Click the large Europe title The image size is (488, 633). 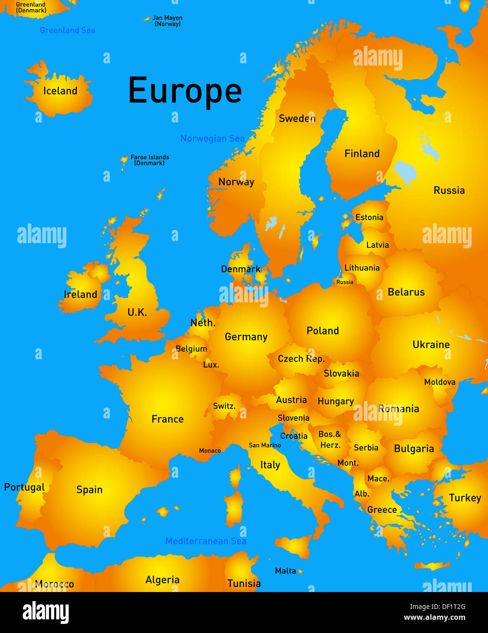click(x=185, y=91)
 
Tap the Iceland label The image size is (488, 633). click(x=60, y=91)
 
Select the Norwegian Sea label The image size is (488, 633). click(x=212, y=138)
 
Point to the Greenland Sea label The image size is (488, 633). click(x=67, y=31)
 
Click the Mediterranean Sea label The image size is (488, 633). click(x=206, y=541)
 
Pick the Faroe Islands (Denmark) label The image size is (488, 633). click(x=150, y=160)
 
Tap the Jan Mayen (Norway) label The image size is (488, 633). click(x=167, y=21)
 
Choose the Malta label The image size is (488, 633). click(x=285, y=571)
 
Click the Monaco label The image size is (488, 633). click(x=210, y=450)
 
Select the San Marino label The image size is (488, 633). click(x=265, y=445)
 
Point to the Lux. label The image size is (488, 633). click(x=211, y=365)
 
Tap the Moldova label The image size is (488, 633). click(x=439, y=382)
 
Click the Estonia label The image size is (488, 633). click(x=369, y=217)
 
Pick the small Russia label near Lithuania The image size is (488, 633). click(x=345, y=282)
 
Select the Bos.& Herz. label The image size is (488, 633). click(x=330, y=439)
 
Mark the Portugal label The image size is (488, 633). click(x=24, y=487)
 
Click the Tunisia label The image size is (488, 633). click(x=244, y=583)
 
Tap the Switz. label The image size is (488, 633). click(x=224, y=406)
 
